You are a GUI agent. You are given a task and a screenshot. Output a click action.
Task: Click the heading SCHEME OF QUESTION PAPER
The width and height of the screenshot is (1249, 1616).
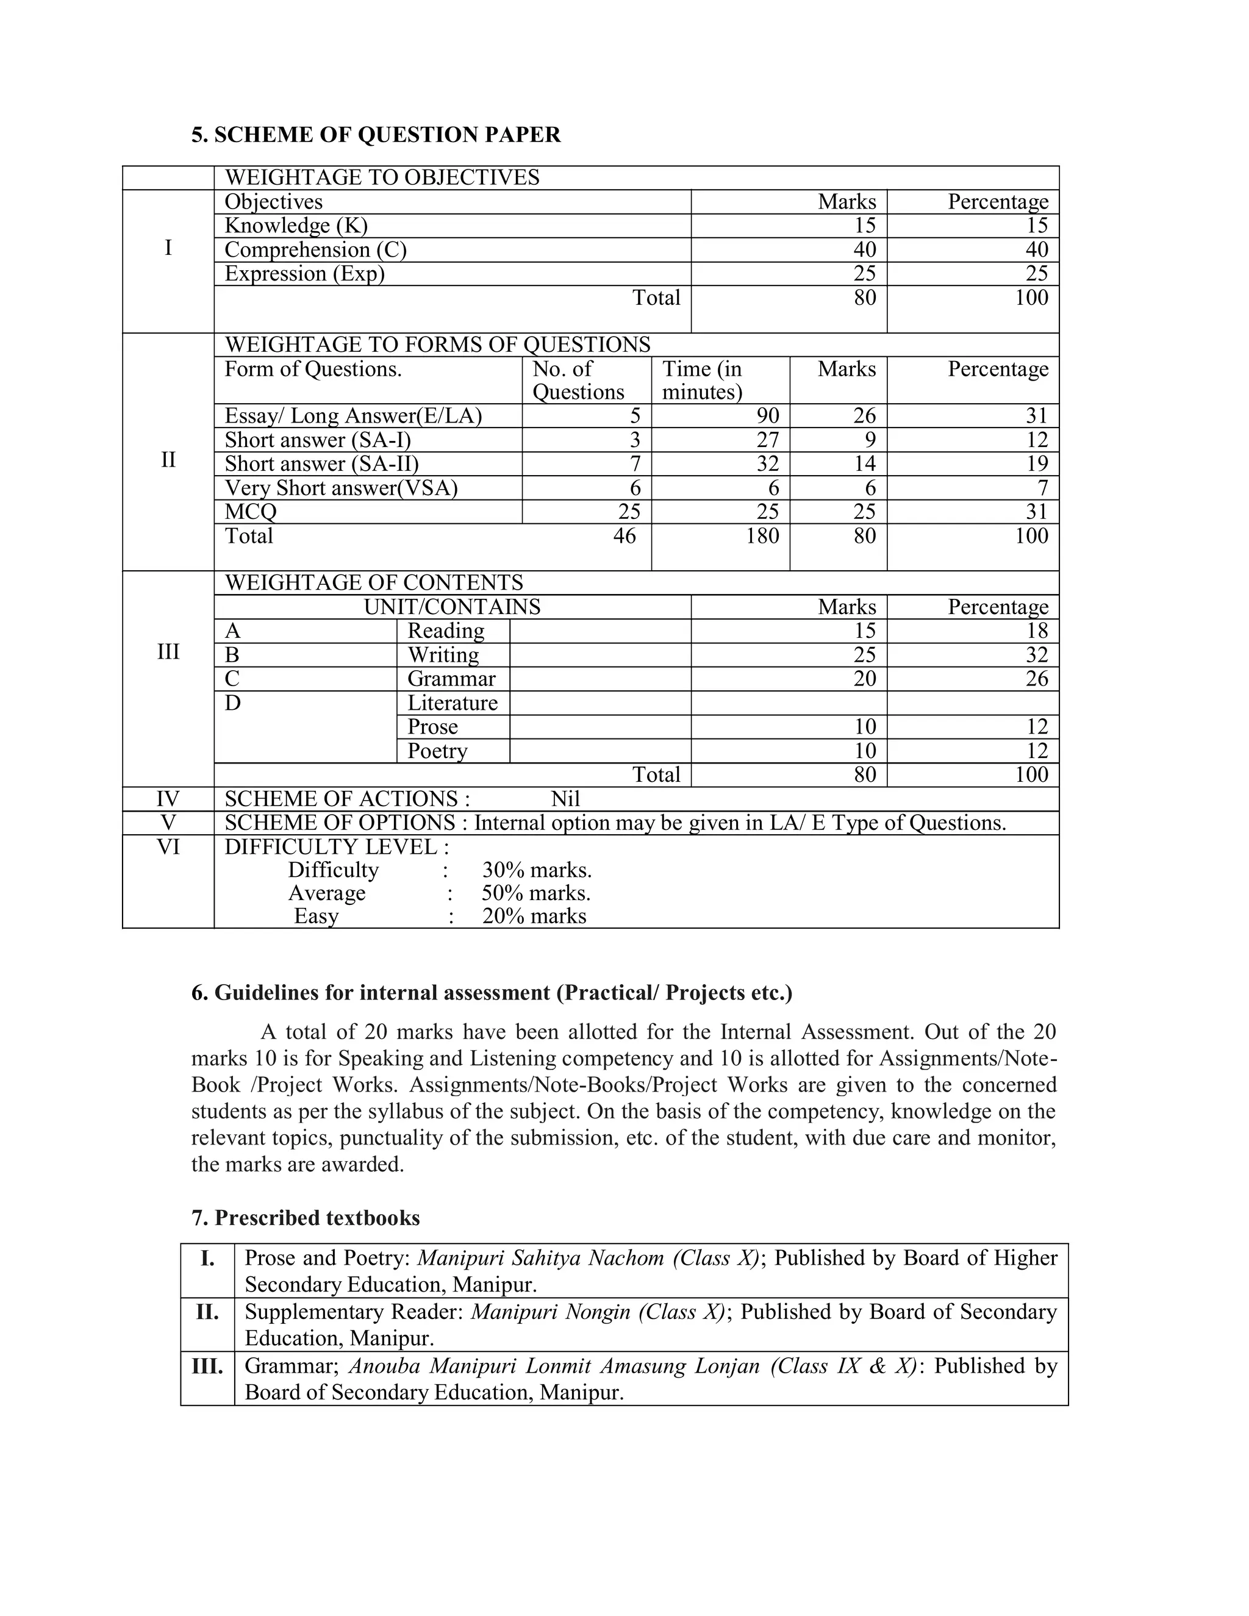coord(376,135)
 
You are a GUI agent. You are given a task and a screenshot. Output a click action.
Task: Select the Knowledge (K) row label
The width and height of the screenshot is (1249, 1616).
coord(296,226)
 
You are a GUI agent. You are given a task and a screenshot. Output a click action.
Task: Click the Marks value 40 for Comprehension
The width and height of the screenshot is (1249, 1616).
coord(864,250)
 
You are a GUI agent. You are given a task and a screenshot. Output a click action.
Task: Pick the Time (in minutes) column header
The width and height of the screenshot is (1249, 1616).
coord(701,379)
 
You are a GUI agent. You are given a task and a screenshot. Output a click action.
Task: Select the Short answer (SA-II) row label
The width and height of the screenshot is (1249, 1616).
coord(321,464)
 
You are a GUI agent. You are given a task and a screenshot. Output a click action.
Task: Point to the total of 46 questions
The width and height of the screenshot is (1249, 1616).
coord(624,535)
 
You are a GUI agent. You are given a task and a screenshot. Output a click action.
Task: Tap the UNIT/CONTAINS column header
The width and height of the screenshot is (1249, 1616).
coord(452,607)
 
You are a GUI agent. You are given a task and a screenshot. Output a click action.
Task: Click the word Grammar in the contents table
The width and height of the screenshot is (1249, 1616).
coord(451,679)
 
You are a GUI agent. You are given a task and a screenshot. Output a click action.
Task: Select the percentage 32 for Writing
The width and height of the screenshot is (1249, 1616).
coord(1037,655)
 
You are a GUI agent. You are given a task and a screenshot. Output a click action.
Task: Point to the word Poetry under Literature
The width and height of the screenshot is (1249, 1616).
coord(437,751)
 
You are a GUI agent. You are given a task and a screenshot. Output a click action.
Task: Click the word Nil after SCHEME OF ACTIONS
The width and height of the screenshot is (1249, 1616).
coord(565,799)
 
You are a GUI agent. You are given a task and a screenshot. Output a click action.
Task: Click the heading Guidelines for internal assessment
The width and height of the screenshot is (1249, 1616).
coord(492,993)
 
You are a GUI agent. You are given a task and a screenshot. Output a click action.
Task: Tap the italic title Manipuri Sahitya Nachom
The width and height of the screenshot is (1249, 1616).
coord(542,1258)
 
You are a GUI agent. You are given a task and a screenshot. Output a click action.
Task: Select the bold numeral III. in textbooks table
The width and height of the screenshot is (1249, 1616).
coord(207,1366)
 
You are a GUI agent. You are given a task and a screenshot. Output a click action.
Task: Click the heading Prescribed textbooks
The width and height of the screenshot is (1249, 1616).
coord(306,1218)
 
